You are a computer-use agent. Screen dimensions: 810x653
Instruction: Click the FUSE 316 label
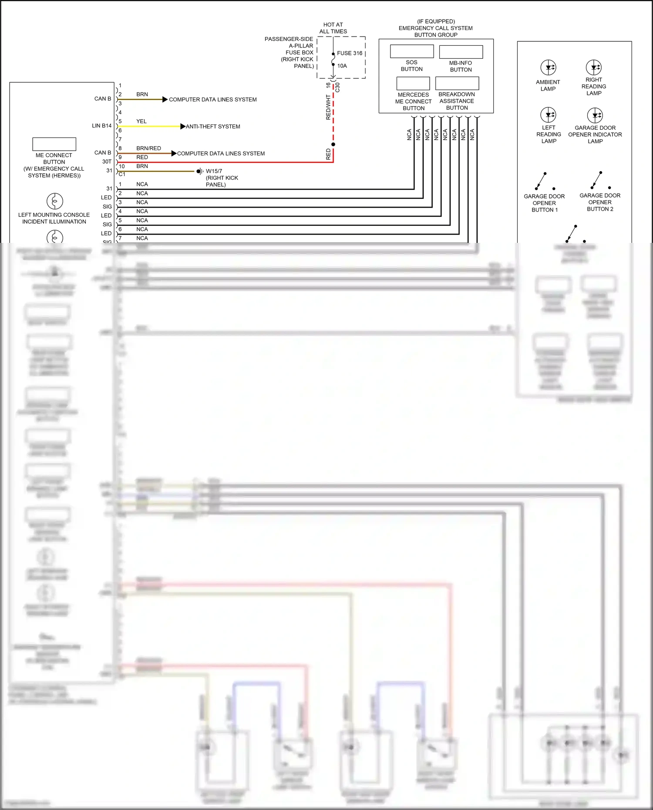tap(349, 53)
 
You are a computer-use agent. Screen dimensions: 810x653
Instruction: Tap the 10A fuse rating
tap(342, 66)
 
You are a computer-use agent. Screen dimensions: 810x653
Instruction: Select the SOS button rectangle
tap(411, 51)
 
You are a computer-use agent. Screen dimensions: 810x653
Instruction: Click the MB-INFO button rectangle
tap(461, 52)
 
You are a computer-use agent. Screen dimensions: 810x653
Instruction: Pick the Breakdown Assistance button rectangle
tap(457, 83)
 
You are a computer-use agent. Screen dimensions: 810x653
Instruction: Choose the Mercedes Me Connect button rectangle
tap(413, 83)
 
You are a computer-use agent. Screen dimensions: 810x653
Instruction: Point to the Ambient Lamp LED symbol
tap(548, 67)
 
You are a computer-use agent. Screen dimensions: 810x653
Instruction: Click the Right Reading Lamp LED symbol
tap(594, 67)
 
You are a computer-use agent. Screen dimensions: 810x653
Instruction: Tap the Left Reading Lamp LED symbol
tap(548, 115)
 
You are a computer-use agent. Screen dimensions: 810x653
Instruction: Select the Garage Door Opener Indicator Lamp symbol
tap(595, 115)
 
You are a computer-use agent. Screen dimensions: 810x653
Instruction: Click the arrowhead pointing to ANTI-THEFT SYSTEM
tap(183, 126)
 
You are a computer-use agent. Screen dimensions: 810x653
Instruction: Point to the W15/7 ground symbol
tap(200, 171)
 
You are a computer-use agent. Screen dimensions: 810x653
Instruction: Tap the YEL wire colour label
tap(141, 121)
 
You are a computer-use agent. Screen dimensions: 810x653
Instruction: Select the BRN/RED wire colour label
tap(148, 148)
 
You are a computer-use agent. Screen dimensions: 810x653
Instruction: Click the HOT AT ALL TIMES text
tap(333, 28)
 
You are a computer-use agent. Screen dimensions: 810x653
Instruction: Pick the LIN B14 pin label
tap(101, 126)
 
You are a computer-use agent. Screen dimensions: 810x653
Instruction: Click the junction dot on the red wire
tap(333, 144)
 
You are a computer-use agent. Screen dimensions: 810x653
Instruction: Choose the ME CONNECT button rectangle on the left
tap(54, 144)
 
